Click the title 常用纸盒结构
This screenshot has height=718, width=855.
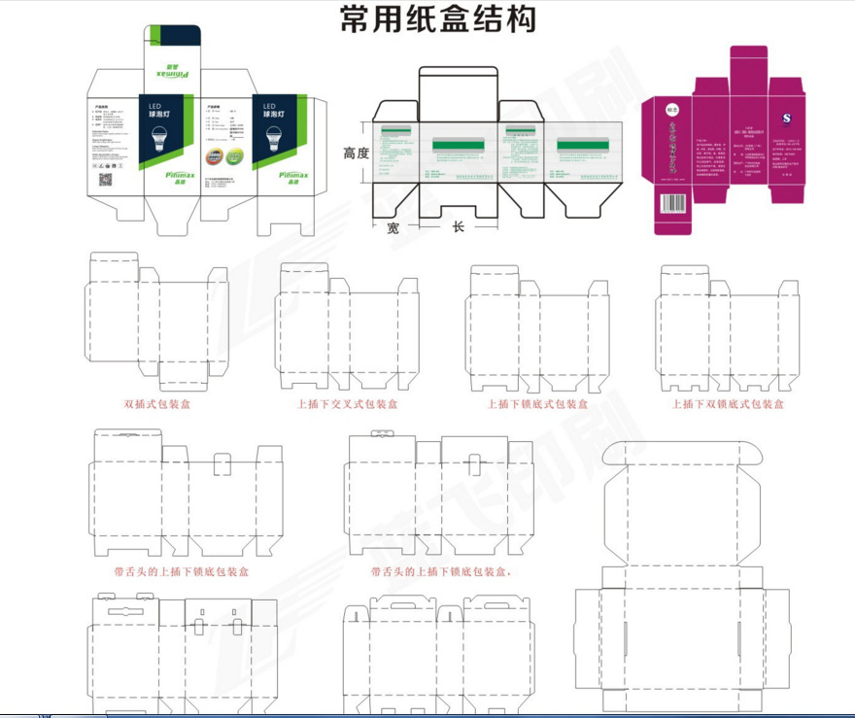(438, 18)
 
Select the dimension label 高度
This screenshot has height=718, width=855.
(358, 154)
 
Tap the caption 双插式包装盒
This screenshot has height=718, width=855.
(157, 403)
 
